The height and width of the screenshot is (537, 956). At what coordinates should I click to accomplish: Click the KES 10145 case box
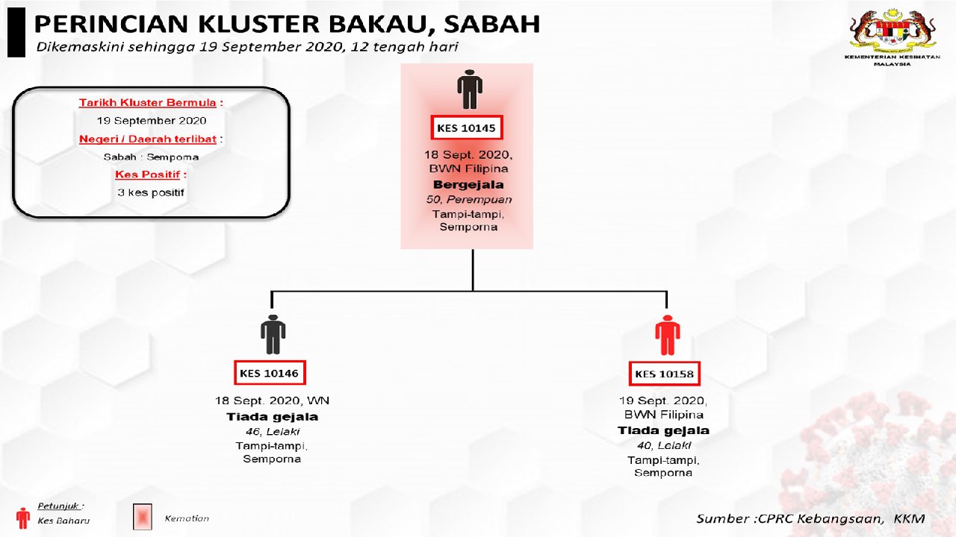pos(467,128)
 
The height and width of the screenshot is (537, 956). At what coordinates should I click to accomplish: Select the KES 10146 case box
pos(269,372)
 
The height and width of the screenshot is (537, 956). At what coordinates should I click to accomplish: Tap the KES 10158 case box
pos(665,373)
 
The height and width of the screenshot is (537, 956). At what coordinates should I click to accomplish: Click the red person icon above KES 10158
pos(666,336)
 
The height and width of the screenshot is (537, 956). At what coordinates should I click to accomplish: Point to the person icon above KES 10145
pos(469,89)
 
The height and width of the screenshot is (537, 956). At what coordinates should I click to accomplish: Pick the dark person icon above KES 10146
pos(273,335)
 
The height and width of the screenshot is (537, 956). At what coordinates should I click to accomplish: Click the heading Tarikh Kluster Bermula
pos(151,103)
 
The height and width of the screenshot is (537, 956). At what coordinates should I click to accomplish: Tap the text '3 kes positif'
pos(151,192)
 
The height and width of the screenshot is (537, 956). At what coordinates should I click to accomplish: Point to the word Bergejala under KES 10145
pos(468,184)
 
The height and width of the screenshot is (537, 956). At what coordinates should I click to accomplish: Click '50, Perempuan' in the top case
pos(468,199)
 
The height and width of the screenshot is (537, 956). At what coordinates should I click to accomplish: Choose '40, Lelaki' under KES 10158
pos(664,445)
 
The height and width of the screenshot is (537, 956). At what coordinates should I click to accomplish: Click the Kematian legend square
pos(142,516)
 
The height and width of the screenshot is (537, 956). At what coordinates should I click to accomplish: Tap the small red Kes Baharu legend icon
pos(23,518)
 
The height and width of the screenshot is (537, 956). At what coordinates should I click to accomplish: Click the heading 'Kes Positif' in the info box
pos(151,175)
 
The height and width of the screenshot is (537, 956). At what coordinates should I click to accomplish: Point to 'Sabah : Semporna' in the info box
pos(151,157)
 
